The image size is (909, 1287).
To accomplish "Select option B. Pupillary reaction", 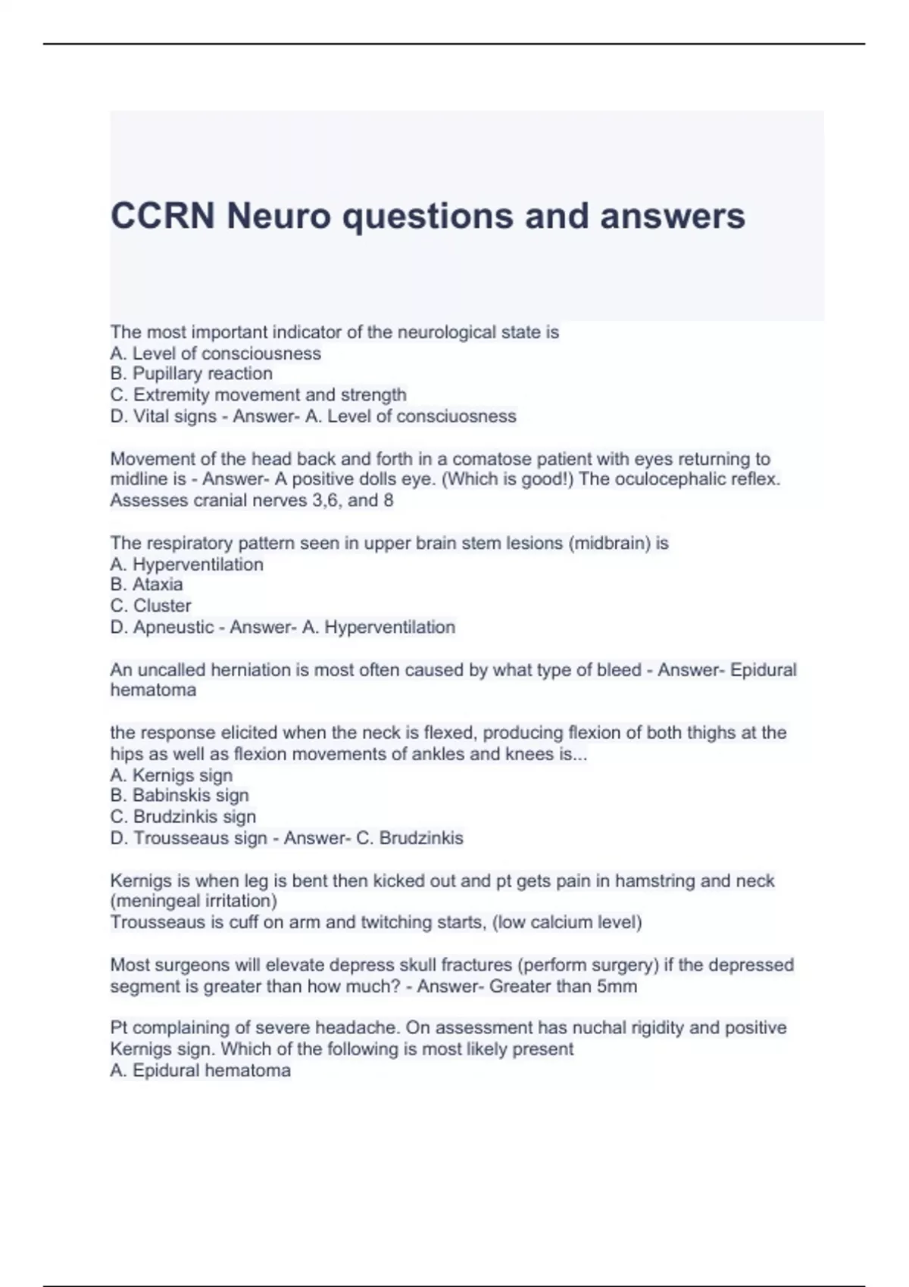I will click(192, 373).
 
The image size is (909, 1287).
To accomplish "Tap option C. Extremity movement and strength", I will click(258, 394).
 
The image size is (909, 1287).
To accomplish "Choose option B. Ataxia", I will click(147, 584).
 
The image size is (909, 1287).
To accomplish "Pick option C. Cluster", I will click(151, 606).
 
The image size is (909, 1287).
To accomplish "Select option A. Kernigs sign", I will click(171, 775).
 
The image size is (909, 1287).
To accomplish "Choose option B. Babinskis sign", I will click(180, 795).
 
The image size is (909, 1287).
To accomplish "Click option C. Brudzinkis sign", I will click(183, 816).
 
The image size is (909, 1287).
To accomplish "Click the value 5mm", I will click(617, 986).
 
